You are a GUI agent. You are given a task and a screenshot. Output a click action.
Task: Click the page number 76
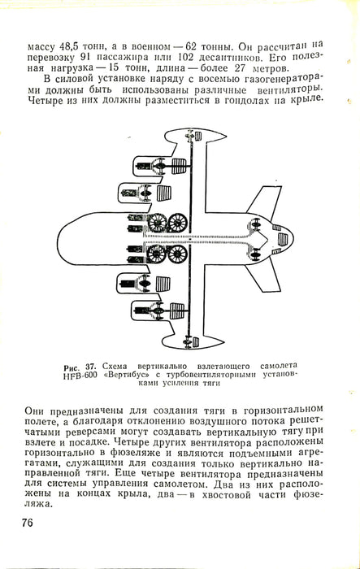tap(27, 523)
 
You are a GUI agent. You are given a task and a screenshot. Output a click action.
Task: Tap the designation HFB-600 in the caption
tap(80, 375)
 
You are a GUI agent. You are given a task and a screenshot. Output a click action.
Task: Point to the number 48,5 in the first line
tap(67, 47)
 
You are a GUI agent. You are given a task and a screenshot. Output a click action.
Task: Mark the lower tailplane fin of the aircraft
tap(264, 278)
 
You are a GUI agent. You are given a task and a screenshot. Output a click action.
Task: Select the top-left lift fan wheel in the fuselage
tap(157, 223)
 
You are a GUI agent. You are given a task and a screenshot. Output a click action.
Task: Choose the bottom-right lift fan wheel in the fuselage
tap(177, 254)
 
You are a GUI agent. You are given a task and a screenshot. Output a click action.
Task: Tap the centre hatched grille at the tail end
tap(283, 239)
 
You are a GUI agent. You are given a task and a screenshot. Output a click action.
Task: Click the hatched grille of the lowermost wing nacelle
tap(177, 311)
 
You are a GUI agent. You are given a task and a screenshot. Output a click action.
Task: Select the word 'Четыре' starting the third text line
tap(46, 100)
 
